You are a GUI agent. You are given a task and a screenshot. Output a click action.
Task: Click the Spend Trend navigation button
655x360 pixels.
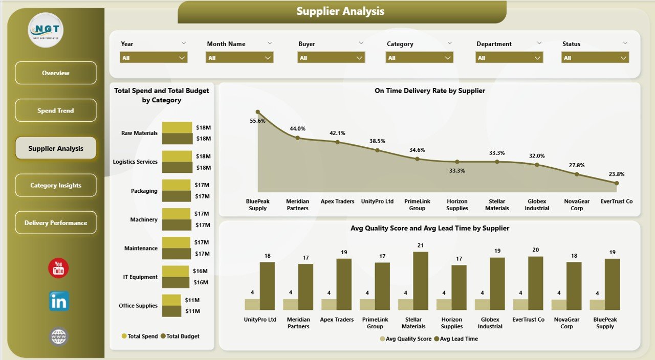(x=56, y=110)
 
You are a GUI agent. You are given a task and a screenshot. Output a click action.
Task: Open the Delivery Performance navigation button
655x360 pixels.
(x=56, y=223)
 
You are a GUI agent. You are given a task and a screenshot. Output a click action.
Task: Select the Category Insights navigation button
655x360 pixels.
(x=56, y=186)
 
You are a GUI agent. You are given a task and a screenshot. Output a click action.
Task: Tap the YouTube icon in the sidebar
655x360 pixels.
(x=58, y=268)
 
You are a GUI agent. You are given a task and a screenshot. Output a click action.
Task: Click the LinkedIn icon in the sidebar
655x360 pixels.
(x=59, y=301)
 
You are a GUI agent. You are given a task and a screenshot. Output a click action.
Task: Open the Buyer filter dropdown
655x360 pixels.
(x=331, y=58)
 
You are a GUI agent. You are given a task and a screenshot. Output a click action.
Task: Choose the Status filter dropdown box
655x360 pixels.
(x=595, y=58)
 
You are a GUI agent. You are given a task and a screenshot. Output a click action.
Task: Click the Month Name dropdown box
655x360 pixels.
(x=239, y=58)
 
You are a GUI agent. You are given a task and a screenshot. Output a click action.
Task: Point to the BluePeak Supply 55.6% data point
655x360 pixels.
(x=258, y=112)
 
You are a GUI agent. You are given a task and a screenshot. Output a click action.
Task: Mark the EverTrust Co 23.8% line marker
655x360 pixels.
(x=617, y=183)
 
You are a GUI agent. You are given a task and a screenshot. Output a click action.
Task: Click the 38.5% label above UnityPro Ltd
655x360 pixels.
(x=377, y=141)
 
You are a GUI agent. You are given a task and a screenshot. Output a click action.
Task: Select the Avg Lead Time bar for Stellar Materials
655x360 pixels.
(x=421, y=281)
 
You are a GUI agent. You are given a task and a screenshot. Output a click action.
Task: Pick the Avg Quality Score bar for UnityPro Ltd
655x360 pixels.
(x=252, y=304)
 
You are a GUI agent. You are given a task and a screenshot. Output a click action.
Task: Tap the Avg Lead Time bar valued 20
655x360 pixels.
(x=535, y=283)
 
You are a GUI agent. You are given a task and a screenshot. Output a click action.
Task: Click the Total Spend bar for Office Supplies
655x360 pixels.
(x=171, y=300)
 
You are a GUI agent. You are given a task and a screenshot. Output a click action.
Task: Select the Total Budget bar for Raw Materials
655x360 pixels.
(x=177, y=138)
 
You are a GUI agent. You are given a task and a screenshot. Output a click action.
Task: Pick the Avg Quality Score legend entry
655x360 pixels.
(x=406, y=339)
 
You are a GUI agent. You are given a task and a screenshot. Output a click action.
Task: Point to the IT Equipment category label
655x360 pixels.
(x=140, y=277)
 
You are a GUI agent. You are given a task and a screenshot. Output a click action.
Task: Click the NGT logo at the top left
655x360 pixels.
(x=46, y=30)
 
